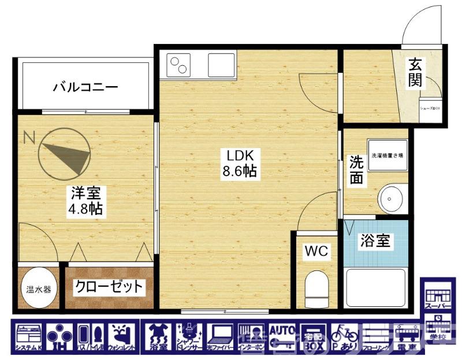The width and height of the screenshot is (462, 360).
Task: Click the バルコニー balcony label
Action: [x=85, y=88]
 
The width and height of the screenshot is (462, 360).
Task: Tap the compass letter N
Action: [x=29, y=138]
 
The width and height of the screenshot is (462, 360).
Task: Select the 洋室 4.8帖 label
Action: [x=86, y=201]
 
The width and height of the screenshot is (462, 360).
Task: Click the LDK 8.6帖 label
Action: [x=240, y=164]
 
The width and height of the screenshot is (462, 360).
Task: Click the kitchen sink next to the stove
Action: [x=221, y=64]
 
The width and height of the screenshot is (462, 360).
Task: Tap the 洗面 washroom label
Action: [x=356, y=170]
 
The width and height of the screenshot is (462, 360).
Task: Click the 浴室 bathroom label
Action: [x=374, y=241]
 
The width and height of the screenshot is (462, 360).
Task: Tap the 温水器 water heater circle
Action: [x=38, y=288]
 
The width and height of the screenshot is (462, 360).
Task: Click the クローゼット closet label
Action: [x=108, y=287]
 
